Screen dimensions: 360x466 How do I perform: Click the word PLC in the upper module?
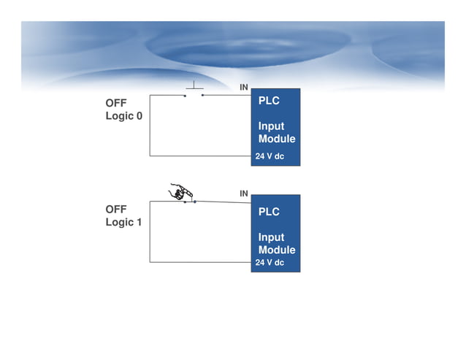[269, 101]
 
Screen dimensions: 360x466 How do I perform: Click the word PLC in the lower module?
[269, 212]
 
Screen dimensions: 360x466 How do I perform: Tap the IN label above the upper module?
[244, 88]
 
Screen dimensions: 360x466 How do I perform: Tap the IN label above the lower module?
[244, 194]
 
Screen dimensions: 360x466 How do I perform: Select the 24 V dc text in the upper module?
[270, 156]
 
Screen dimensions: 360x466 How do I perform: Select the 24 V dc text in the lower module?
[270, 262]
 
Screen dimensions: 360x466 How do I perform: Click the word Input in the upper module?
[271, 126]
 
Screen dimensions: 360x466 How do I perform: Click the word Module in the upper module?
[277, 139]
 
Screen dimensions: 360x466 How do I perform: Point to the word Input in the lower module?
[271, 237]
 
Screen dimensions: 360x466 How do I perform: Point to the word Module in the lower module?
[277, 250]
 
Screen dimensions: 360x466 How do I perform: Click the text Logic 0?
[124, 116]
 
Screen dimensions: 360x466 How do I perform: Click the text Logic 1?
[124, 222]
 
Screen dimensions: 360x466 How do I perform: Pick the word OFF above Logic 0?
[117, 104]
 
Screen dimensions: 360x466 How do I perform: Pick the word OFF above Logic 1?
[117, 210]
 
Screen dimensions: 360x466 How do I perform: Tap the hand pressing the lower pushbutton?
[180, 191]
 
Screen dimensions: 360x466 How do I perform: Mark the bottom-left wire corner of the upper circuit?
[150, 156]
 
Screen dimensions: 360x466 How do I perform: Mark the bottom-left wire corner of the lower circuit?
[150, 261]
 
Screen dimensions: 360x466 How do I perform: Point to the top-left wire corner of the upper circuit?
[150, 95]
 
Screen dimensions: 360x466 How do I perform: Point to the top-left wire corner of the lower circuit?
[150, 202]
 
